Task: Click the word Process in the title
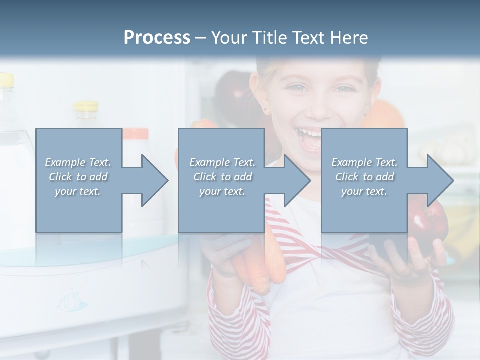point(157,37)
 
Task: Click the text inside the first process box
point(78,177)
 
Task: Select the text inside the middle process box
point(222,177)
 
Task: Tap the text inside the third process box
point(364,177)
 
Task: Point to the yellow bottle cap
point(86,106)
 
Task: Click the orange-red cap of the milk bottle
point(136,133)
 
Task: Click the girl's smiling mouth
point(310,137)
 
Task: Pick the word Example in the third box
point(351,162)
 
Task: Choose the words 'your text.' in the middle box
point(222,191)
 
